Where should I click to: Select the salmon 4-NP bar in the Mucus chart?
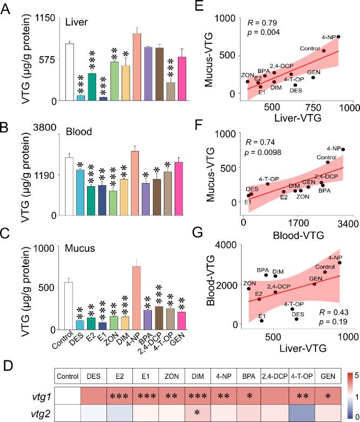pyautogui.click(x=136, y=298)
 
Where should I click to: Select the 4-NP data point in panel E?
pyautogui.click(x=338, y=37)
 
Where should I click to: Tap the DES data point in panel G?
pyautogui.click(x=297, y=319)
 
